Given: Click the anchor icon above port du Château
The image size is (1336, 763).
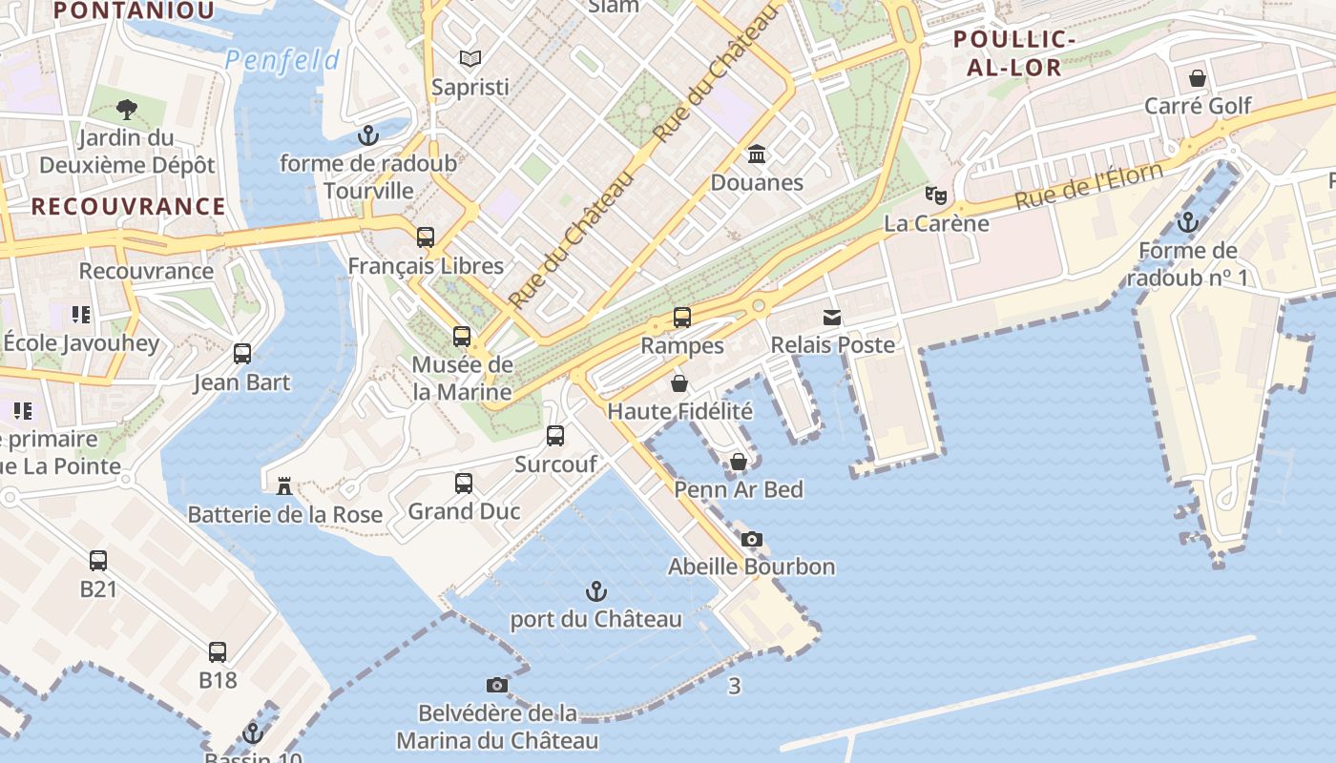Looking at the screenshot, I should coord(596,591).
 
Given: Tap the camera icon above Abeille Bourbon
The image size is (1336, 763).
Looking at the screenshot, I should coord(752,539).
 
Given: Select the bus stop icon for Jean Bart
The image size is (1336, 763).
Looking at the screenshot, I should coord(242,354).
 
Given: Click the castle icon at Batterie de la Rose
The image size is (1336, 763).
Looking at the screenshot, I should coord(283,485).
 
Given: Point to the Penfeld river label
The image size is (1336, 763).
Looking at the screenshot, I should coord(282,61).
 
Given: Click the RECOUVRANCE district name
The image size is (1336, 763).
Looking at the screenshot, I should coord(129,206).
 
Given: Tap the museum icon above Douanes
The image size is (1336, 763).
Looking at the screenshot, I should coord(758,154).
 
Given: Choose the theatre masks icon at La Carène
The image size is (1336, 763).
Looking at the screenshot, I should coord(936,196).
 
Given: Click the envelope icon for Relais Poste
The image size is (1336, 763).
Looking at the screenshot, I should coord(832,318).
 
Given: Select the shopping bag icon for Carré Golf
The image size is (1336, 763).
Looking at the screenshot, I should coord(1198,77).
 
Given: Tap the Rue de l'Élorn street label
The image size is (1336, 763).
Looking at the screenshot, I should coord(1089,186).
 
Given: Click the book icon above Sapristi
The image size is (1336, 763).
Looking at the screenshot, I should coord(470,58).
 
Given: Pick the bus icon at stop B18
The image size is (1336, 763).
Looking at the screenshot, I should coord(218,652).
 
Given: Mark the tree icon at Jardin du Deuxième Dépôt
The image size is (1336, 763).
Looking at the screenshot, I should coord(126,110).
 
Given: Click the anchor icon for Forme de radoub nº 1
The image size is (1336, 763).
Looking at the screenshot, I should coord(1187,222).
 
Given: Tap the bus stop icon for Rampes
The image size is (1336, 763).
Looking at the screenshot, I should coord(682,318).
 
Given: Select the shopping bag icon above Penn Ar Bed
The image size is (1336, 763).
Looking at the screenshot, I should coord(739,462).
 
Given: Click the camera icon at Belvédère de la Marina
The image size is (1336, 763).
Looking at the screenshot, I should coord(497,685).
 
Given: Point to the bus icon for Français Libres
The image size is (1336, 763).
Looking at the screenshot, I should coord(426,237).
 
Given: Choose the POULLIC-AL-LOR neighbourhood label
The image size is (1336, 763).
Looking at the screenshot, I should coord(1015,52).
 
